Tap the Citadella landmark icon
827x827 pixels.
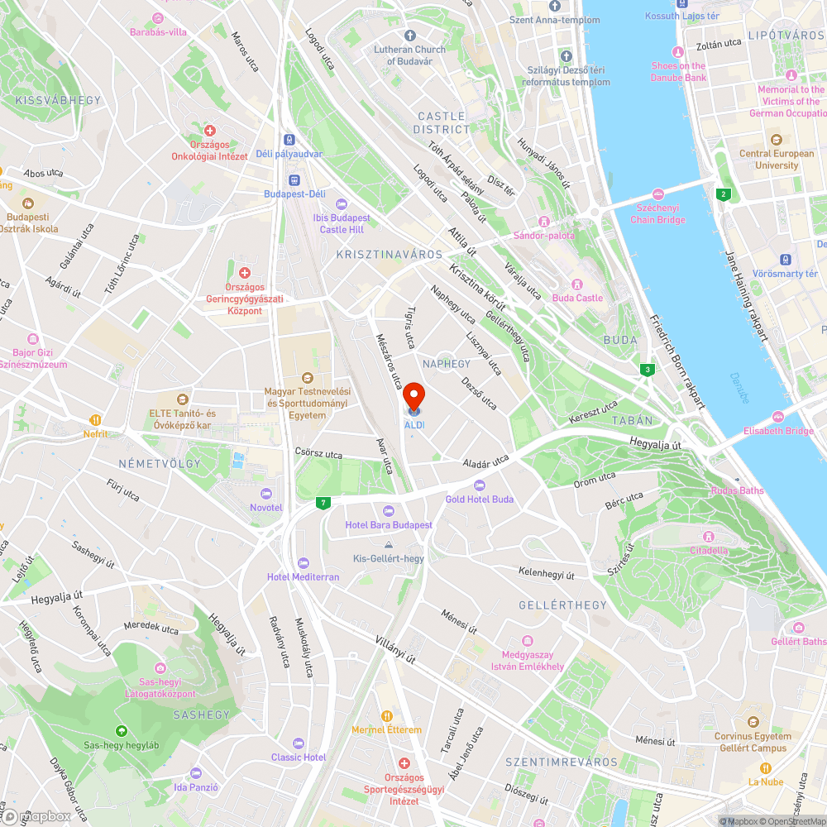click(x=709, y=536)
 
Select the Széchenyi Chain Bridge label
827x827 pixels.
click(x=658, y=213)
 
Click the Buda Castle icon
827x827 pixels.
click(x=578, y=284)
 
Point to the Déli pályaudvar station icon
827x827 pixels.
click(x=289, y=140)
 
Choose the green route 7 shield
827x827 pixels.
click(x=323, y=502)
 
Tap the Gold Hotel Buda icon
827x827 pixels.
click(x=479, y=485)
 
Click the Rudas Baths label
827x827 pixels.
click(x=738, y=490)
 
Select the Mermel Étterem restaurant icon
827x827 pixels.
click(x=386, y=715)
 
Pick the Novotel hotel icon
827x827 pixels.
click(x=265, y=493)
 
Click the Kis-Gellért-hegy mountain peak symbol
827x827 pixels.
click(x=389, y=544)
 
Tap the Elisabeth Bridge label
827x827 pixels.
click(x=778, y=430)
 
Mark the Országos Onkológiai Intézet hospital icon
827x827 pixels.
click(x=209, y=131)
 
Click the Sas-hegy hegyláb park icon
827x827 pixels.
click(x=121, y=730)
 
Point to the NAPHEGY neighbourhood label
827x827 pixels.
click(x=446, y=364)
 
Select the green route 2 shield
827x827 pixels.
click(x=724, y=194)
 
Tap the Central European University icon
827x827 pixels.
click(x=776, y=139)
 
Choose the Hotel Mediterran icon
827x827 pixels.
click(x=303, y=562)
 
